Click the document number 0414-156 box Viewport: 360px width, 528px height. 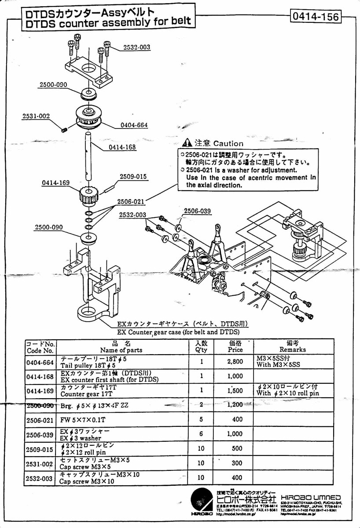315,17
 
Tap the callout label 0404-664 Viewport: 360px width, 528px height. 134,125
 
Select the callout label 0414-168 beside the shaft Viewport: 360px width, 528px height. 122,147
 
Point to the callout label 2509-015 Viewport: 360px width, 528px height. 133,177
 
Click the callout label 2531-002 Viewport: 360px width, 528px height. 36,116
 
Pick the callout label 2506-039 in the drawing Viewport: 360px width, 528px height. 197,211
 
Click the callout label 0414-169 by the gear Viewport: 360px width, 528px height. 56,183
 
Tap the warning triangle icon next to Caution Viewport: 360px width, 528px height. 187,143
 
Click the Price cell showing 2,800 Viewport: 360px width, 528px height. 235,362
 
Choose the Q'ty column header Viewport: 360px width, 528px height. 201,347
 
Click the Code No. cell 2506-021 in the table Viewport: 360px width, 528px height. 40,420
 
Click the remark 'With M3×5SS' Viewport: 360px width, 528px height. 279,365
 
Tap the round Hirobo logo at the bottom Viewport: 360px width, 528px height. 202,502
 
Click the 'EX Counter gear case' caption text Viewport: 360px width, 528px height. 178,332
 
